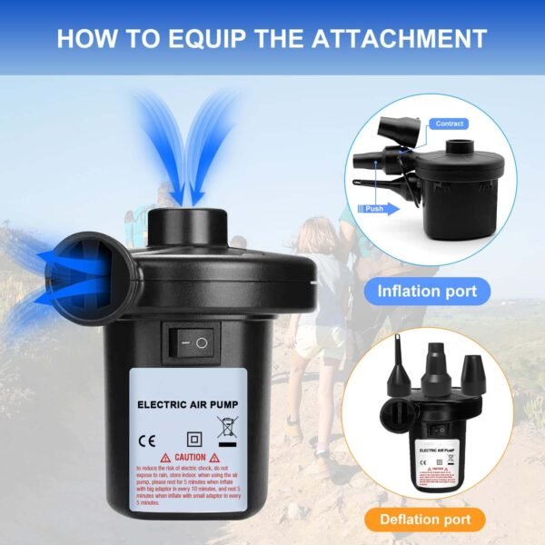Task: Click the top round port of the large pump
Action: pos(188,222)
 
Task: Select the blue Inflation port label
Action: pos(427,292)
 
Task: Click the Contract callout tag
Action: pos(450,124)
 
